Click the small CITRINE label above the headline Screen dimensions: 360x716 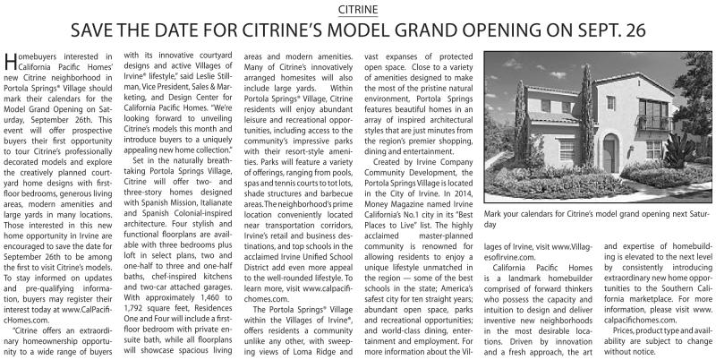358,9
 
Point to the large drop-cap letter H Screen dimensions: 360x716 11,63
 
